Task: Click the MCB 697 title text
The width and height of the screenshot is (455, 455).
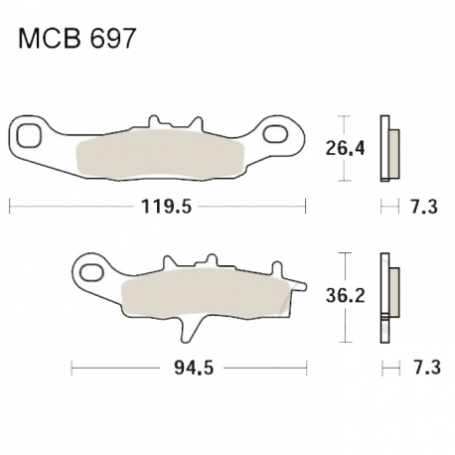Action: click(76, 39)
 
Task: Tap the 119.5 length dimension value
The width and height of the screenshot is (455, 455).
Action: click(166, 207)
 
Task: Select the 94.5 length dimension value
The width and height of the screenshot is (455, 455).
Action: click(194, 368)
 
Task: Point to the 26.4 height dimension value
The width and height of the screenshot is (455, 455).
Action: click(345, 148)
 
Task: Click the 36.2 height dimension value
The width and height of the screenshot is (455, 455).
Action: click(345, 295)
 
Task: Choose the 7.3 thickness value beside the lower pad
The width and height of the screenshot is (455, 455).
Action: click(427, 368)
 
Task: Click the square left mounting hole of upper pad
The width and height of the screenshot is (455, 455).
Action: click(29, 135)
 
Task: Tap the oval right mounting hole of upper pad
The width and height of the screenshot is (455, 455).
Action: click(275, 134)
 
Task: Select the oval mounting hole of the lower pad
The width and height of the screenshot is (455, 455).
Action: click(91, 272)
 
